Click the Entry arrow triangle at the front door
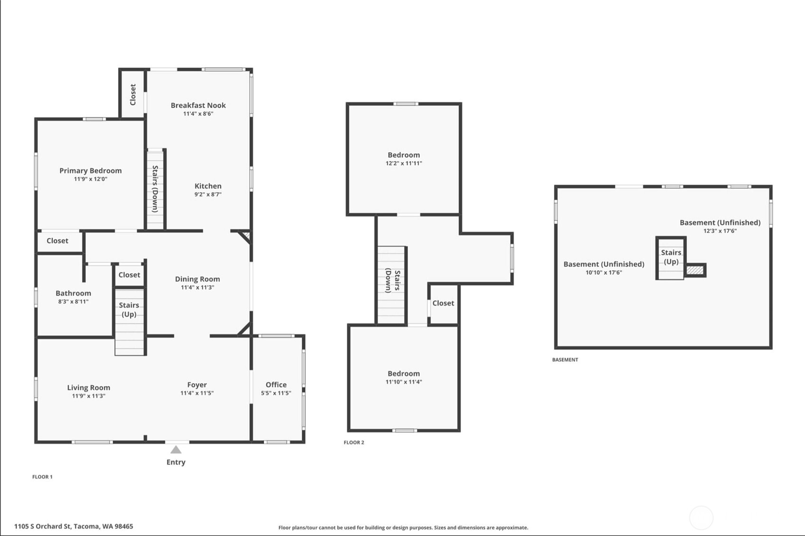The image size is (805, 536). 176,450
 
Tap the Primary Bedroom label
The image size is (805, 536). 91,171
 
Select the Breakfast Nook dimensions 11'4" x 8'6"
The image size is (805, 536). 198,114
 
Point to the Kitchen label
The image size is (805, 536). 208,186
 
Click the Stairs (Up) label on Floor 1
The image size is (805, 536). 129,309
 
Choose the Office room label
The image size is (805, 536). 276,385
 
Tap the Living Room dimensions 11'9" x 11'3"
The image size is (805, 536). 89,396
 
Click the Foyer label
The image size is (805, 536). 197,385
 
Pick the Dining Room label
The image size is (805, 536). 197,279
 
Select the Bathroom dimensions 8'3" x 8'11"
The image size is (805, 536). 74,302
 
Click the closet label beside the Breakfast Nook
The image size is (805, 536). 133,94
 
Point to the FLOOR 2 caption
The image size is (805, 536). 354,443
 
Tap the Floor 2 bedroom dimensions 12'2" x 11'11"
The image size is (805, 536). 404,163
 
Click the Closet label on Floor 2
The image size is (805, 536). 443,303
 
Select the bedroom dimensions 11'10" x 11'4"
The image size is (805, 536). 404,382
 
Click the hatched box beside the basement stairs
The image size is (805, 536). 695,270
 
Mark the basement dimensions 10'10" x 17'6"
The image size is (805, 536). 603,273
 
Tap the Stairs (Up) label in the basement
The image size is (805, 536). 671,257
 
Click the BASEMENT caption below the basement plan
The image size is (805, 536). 565,360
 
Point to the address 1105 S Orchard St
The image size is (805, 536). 74,526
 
